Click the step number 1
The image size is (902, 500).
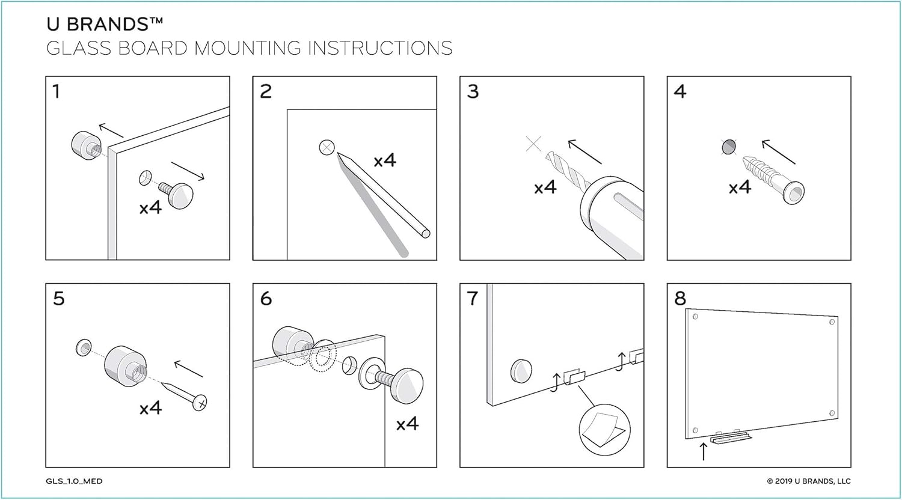[57, 91]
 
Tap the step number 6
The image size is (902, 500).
[266, 299]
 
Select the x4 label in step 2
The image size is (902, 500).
[385, 160]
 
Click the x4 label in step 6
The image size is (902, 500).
[408, 424]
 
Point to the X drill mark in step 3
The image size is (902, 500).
[533, 144]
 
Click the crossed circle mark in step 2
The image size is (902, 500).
[327, 147]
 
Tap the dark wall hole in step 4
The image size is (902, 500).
[729, 147]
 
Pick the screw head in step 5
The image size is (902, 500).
[200, 403]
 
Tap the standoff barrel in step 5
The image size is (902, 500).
[125, 366]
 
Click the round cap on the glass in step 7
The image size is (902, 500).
[521, 371]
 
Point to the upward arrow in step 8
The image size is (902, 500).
[703, 451]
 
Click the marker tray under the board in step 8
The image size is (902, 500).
[731, 438]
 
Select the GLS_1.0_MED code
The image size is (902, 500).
[74, 481]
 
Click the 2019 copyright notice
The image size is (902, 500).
[809, 481]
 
